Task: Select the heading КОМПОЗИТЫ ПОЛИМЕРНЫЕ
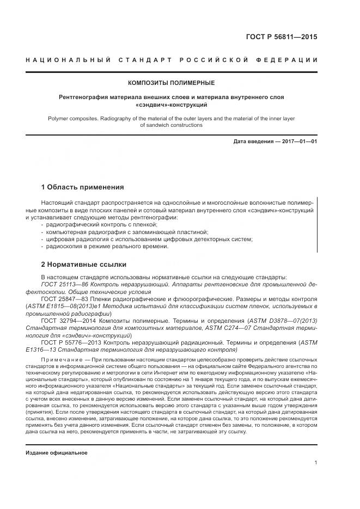click(171, 83)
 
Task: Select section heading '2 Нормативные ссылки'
click(84, 265)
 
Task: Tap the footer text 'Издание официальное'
click(57, 453)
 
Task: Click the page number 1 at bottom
click(315, 463)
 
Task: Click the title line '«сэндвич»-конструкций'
click(171, 103)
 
